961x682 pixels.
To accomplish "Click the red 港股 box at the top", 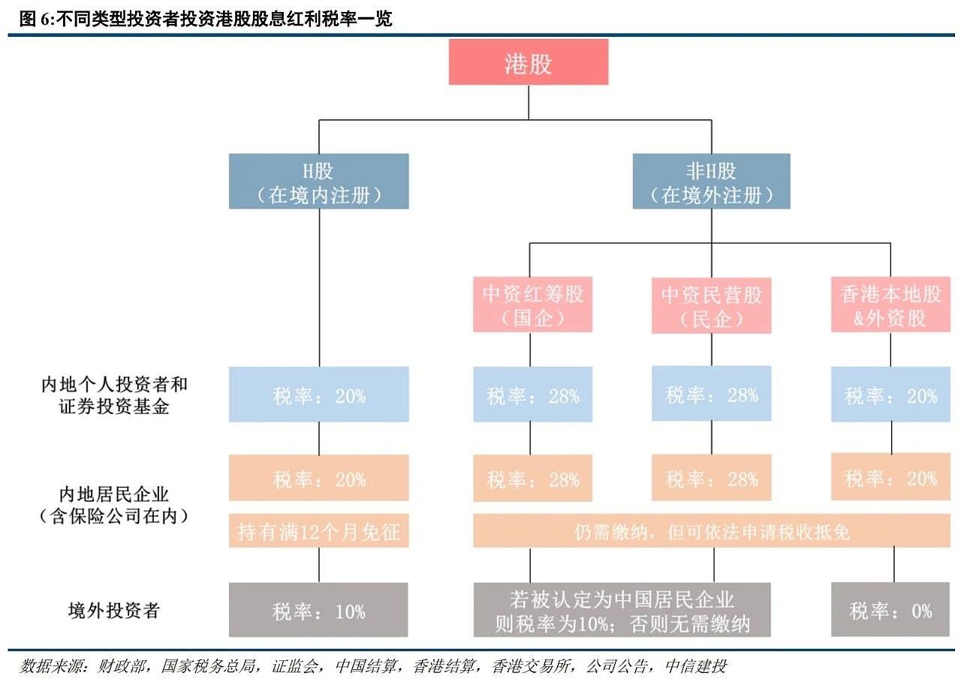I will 528,62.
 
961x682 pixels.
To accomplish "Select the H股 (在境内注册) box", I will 318,182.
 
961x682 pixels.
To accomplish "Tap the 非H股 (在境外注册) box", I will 710,182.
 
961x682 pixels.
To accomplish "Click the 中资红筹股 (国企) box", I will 532,305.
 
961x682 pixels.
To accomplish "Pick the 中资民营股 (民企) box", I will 711,305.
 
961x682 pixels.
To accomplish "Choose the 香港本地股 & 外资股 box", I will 890,305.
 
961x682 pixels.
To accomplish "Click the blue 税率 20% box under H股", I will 318,395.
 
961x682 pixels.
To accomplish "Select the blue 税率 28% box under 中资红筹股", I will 532,395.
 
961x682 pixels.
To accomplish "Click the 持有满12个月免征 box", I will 318,531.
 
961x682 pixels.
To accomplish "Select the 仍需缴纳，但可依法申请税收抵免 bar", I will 711,531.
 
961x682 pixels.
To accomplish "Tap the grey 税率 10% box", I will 318,610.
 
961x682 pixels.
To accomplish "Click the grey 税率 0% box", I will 890,610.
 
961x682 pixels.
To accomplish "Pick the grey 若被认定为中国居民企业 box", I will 621,610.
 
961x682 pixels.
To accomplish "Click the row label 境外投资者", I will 113,610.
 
